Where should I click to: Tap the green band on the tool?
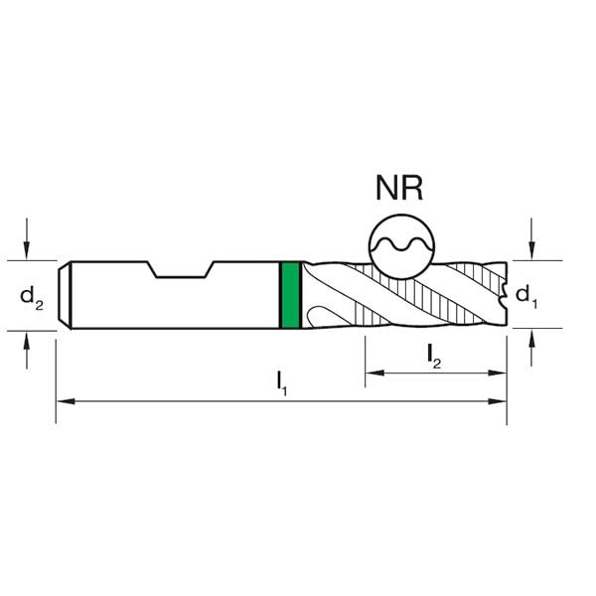tap(290, 294)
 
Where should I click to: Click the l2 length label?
tap(435, 356)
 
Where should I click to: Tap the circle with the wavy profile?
tap(400, 244)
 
